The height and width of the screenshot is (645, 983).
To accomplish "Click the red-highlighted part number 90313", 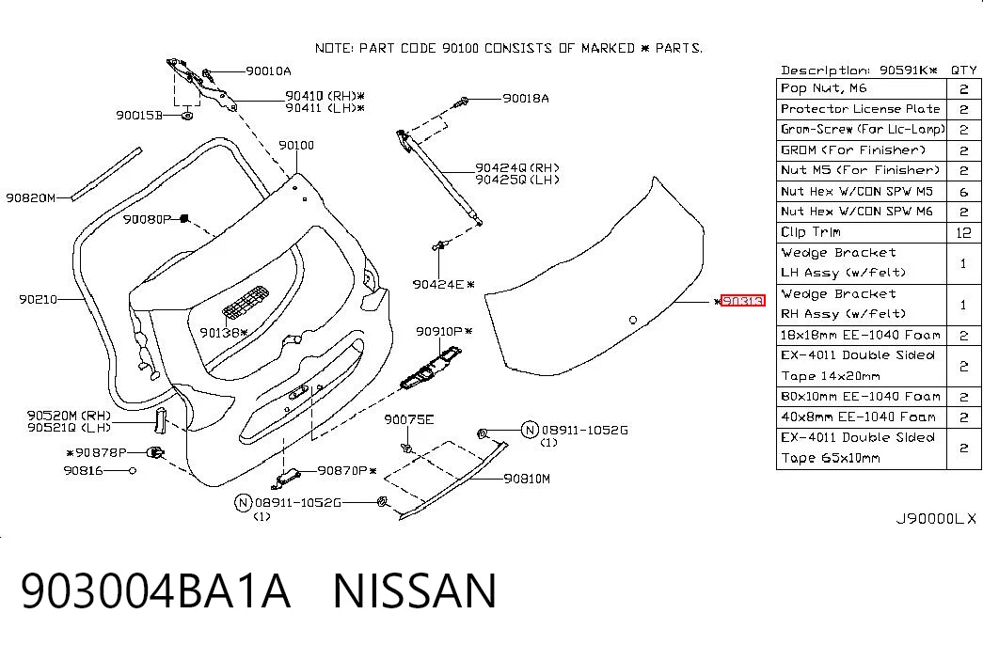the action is (x=743, y=301).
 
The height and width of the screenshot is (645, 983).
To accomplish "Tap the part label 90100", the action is (x=296, y=146).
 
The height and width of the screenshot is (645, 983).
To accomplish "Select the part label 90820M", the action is (x=31, y=198).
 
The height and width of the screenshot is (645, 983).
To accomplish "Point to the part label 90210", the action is (x=38, y=300).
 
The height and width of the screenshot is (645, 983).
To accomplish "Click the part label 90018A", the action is (x=525, y=99).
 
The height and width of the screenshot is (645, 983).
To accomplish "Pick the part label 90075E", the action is (x=409, y=419).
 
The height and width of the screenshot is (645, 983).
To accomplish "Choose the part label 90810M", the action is (x=527, y=479).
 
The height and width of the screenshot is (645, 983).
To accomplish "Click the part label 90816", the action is (x=83, y=470).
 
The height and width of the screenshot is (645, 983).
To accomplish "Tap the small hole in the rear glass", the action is (x=633, y=320).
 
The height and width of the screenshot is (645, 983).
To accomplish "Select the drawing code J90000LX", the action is (x=935, y=519).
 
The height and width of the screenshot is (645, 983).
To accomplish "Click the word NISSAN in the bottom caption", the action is (x=415, y=590).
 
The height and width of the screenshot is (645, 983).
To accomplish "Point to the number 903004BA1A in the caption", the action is (x=155, y=590).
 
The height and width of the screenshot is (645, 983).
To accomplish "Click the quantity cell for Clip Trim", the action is (x=963, y=232).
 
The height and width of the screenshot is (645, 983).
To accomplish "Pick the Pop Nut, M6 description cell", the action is (x=862, y=88).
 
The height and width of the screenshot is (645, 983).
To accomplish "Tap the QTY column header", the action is (x=963, y=70).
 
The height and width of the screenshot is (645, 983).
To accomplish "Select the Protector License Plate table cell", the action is (x=862, y=109).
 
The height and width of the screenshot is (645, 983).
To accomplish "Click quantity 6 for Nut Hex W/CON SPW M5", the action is (x=963, y=192).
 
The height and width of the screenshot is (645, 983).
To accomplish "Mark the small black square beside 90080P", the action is (x=184, y=218).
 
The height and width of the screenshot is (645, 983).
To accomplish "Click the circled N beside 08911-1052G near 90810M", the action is (x=531, y=430).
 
